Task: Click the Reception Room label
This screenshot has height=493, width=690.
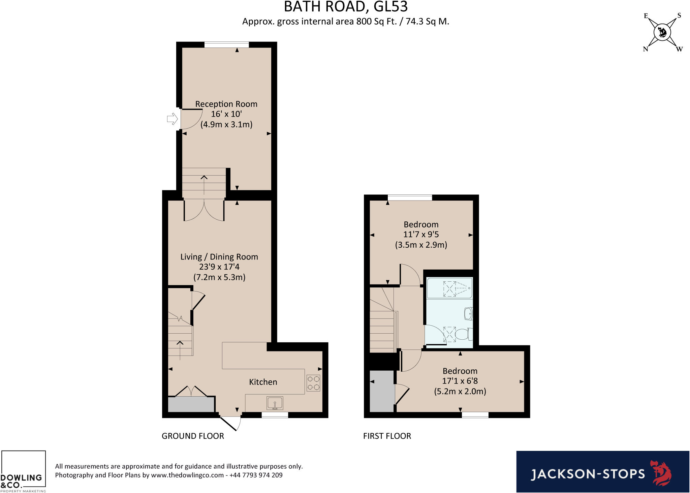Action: [x=226, y=104]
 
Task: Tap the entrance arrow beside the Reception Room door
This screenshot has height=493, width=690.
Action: [x=172, y=119]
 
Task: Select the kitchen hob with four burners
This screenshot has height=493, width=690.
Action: [x=313, y=383]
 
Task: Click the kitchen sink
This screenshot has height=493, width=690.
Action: [x=275, y=403]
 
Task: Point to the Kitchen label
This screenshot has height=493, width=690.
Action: [x=263, y=382]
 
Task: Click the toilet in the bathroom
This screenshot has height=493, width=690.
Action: [x=463, y=335]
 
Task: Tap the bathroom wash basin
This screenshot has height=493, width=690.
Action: [x=468, y=314]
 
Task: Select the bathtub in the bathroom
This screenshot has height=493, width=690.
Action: [x=449, y=288]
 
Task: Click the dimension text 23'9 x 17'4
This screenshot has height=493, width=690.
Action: [x=219, y=267]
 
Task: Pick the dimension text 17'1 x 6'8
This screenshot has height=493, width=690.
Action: [x=460, y=381]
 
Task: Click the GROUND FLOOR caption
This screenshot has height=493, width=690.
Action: [x=193, y=436]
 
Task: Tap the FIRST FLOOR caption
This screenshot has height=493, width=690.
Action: [x=387, y=436]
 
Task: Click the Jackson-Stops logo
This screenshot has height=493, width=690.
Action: [x=602, y=472]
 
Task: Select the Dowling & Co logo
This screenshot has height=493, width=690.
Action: [x=23, y=472]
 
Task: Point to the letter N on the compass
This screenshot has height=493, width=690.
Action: [x=645, y=49]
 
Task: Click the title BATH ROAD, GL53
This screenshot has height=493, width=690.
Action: [x=346, y=7]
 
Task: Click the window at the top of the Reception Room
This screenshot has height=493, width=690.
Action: [x=226, y=44]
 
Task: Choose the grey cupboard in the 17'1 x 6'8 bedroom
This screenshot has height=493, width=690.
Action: [x=382, y=391]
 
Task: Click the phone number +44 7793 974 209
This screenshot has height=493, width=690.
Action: [x=256, y=475]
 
